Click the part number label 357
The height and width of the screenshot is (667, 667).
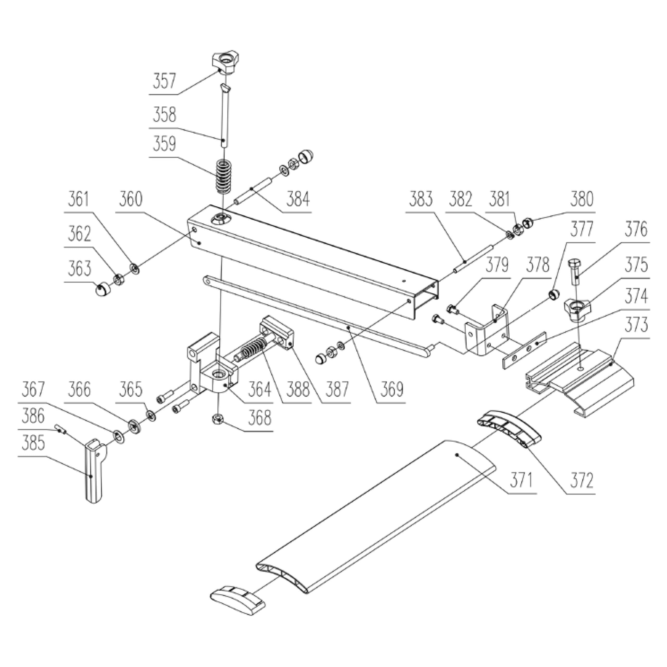pyautogui.click(x=164, y=82)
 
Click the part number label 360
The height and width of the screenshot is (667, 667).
pyautogui.click(x=131, y=200)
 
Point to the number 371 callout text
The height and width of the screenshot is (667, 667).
pyautogui.click(x=522, y=480)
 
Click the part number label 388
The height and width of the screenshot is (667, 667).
pyautogui.click(x=298, y=389)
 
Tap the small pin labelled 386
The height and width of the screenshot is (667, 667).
pyautogui.click(x=61, y=429)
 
